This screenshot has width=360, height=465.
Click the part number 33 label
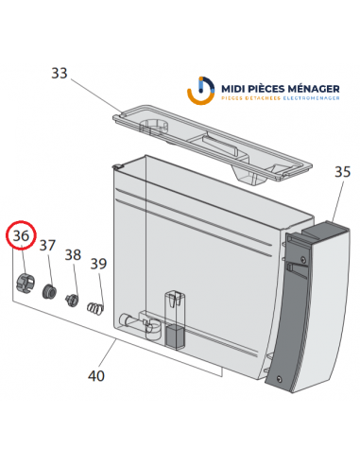60,74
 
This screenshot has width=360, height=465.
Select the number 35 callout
343,172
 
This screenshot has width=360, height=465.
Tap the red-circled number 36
21,236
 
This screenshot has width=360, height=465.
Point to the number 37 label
48,246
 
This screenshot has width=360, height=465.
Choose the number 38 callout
73,254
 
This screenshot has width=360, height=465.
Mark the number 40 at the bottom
96,375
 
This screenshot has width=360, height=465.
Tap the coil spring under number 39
94,307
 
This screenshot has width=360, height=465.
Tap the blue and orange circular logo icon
201,92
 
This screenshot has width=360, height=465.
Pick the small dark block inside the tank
174,336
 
